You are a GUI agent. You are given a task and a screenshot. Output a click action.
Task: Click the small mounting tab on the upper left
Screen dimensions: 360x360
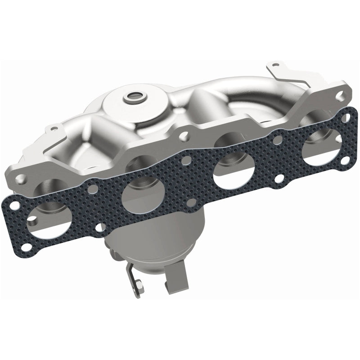(x=55, y=128)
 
